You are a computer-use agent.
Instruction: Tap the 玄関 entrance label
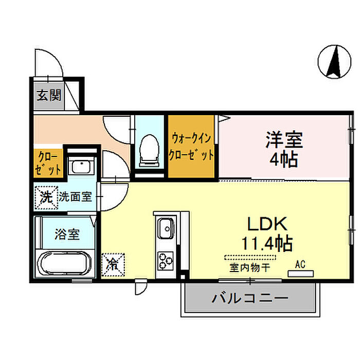49,95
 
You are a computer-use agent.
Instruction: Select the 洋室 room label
284,139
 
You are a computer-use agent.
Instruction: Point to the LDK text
267,224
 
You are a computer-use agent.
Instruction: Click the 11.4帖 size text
267,242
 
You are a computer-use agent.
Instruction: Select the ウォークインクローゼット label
192,147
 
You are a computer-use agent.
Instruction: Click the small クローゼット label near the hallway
48,161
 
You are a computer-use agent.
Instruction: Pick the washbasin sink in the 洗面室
81,167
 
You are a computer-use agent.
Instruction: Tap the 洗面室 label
75,196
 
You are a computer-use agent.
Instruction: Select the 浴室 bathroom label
67,235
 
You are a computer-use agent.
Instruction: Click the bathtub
65,264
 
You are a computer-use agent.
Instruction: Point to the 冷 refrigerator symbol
113,264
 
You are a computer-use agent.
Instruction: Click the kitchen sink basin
166,227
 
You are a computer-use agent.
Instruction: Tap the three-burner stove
166,260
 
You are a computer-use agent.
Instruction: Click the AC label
301,265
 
